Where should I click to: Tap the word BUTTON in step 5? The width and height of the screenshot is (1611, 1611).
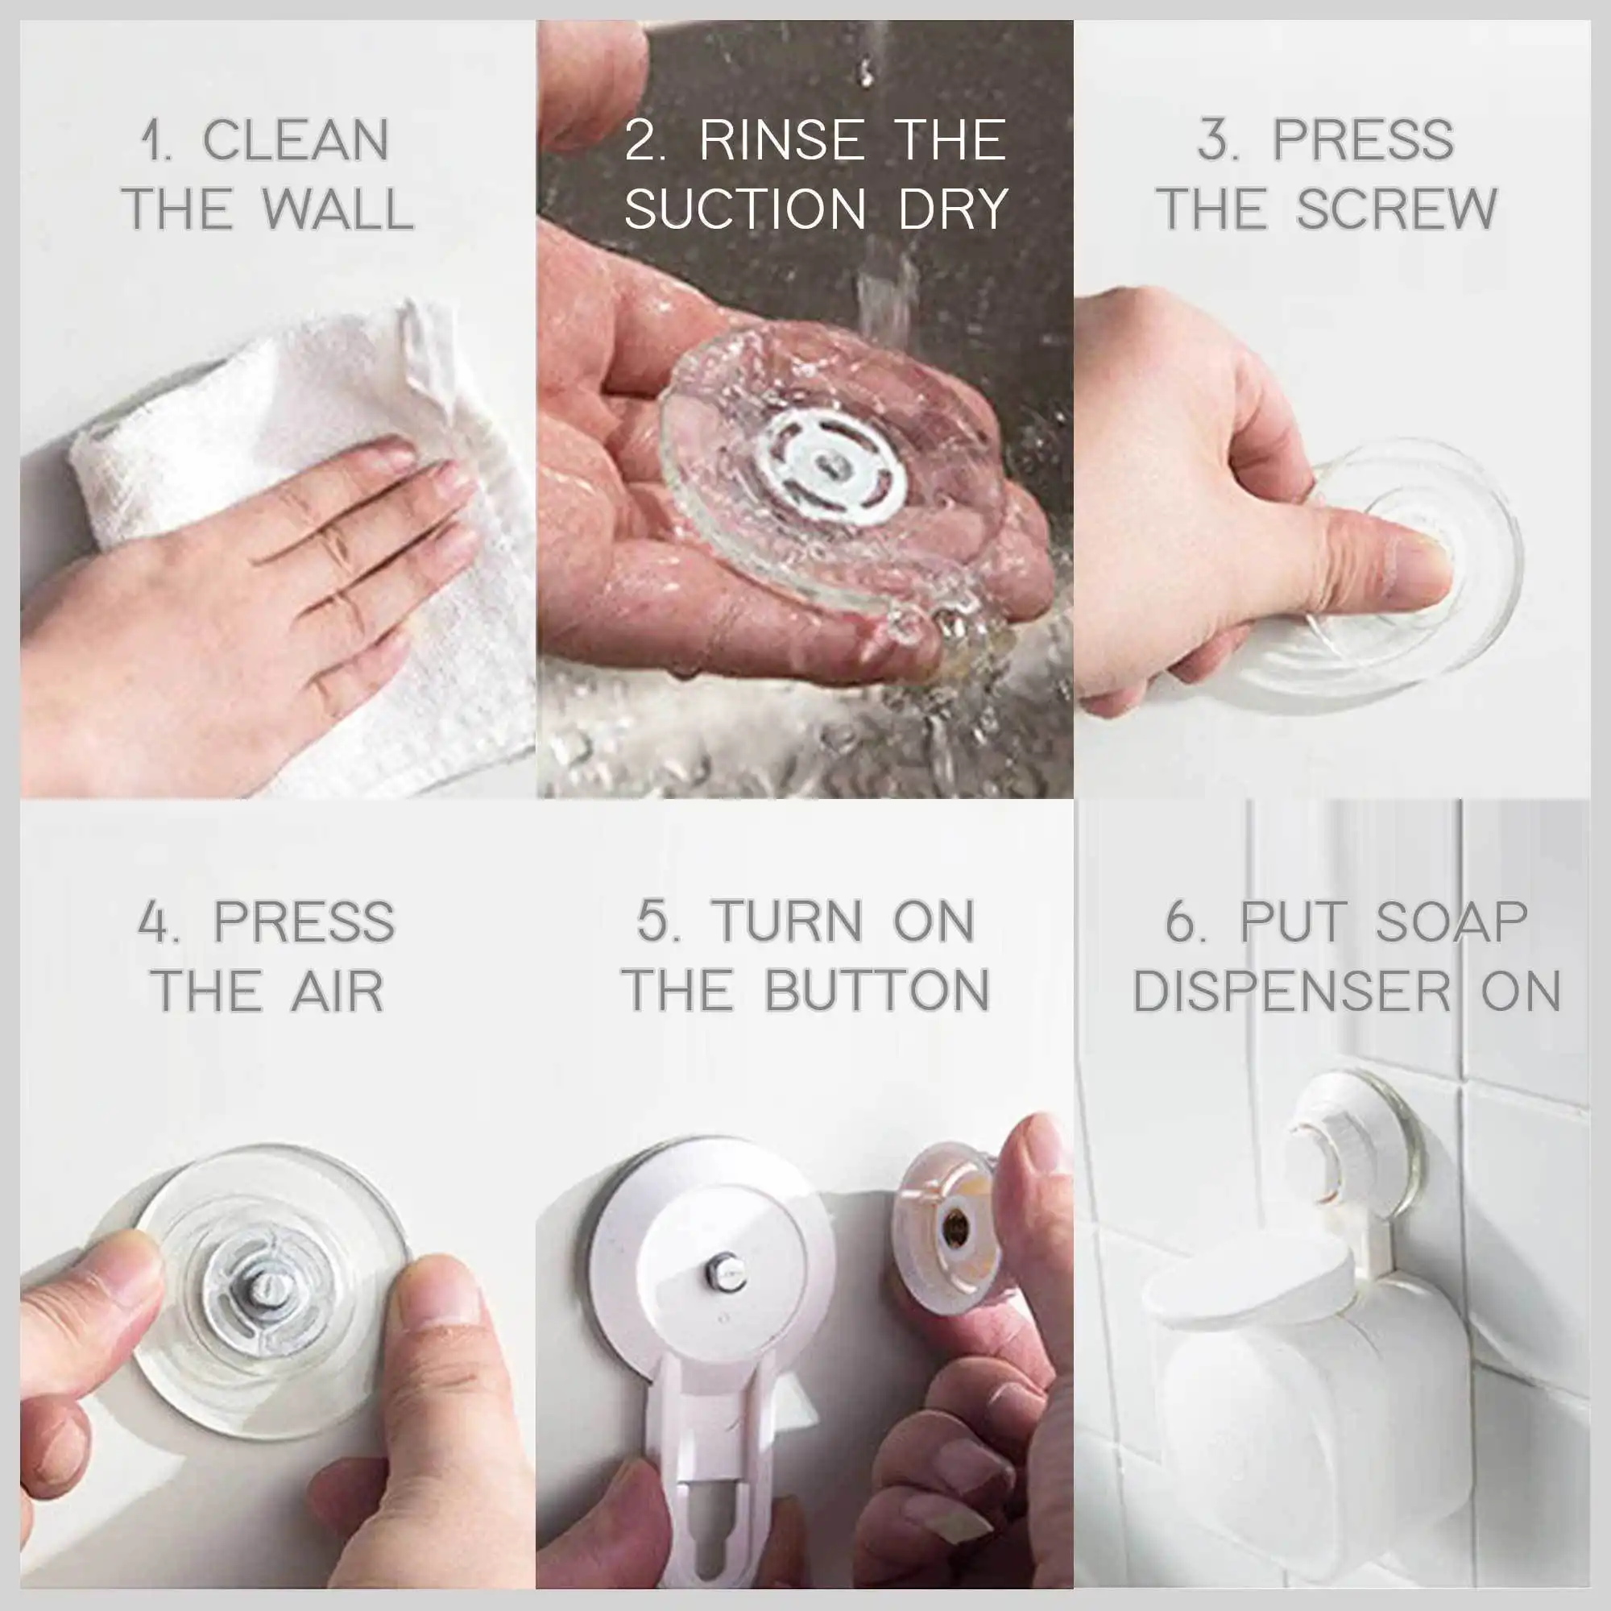coord(877,992)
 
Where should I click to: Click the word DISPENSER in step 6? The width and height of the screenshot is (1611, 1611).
coord(1292,992)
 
